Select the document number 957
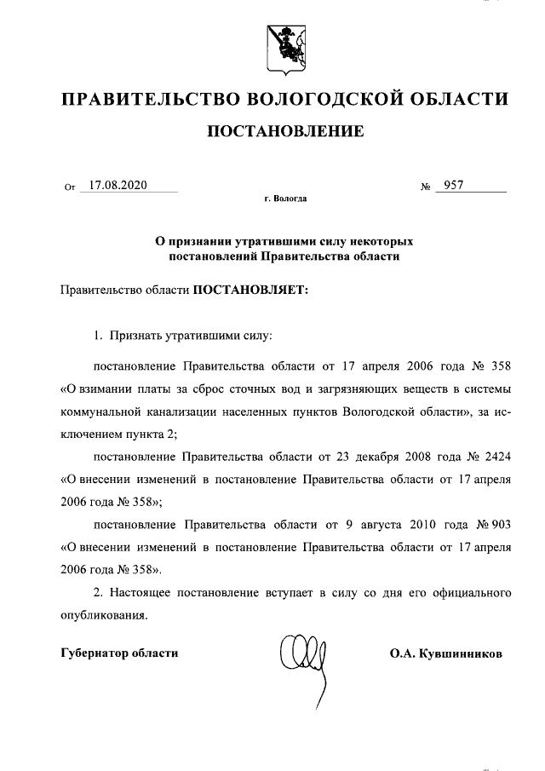click(x=449, y=185)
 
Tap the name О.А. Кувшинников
click(x=445, y=653)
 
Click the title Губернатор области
click(x=120, y=653)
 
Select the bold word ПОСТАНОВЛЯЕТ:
click(x=249, y=290)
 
